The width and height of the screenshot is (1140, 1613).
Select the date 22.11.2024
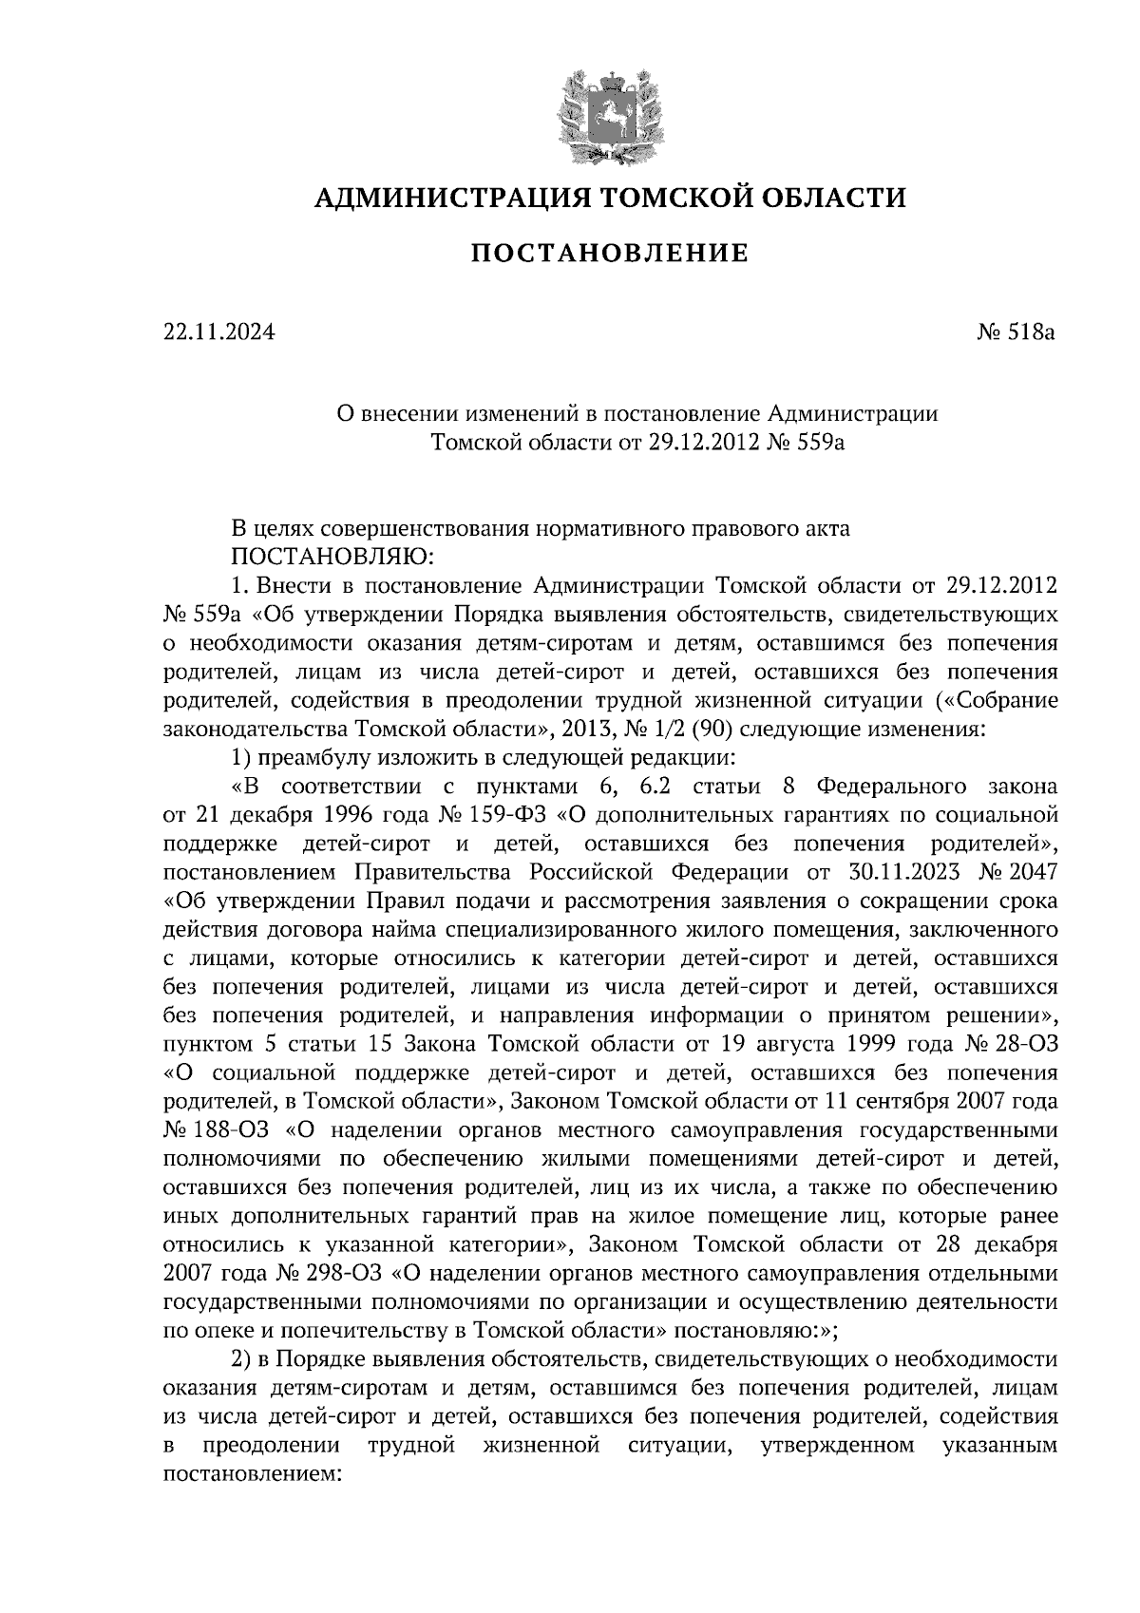click(x=218, y=332)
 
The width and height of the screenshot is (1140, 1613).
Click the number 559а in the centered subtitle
click(x=817, y=442)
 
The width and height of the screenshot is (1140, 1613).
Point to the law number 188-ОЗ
click(x=237, y=1130)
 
